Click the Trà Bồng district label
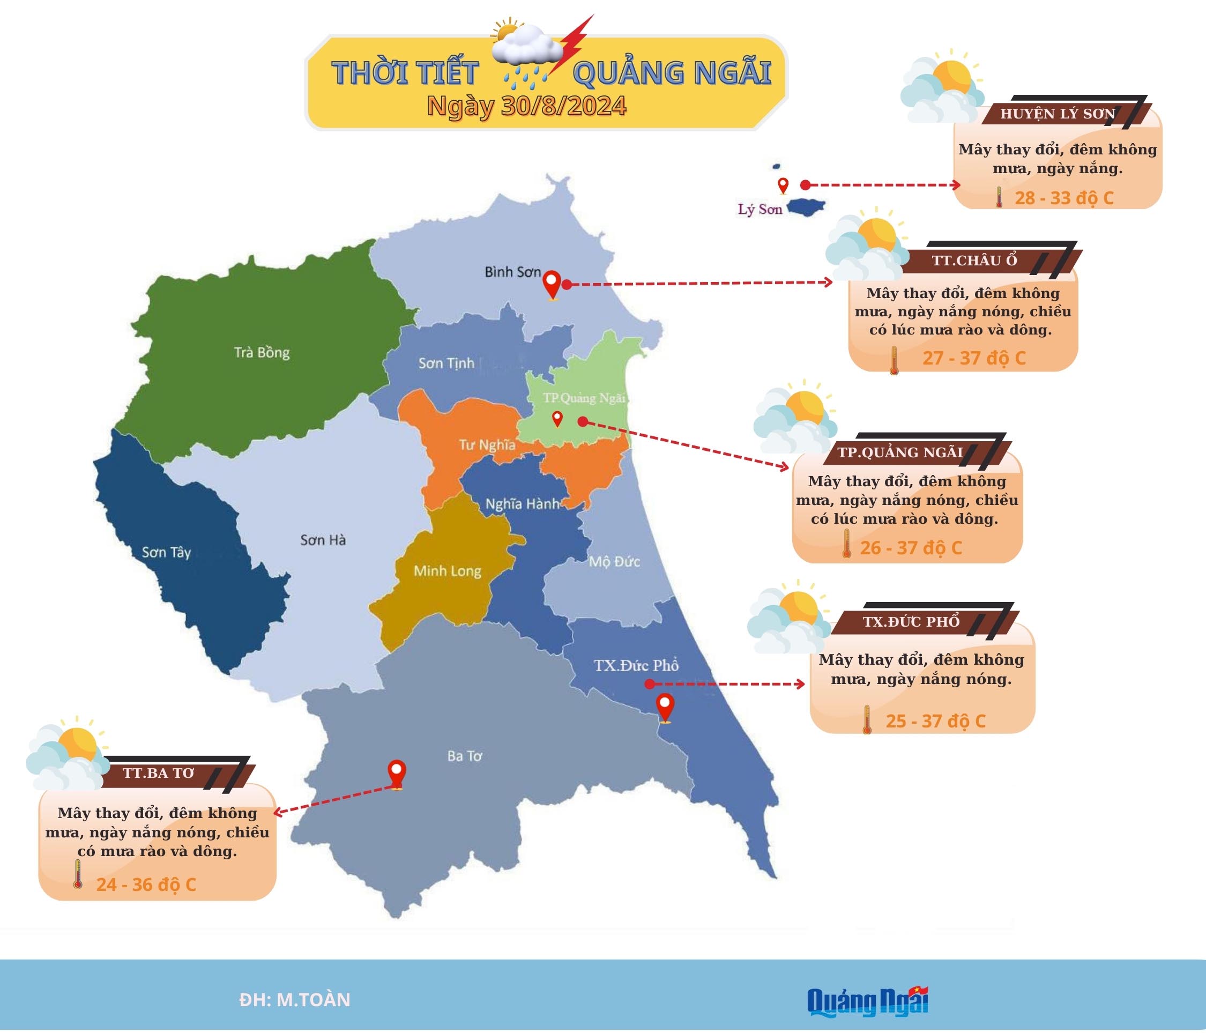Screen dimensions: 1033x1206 [262, 352]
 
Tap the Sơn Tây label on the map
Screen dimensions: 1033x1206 [167, 552]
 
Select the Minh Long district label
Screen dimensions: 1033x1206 [447, 571]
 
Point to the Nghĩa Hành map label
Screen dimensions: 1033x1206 [522, 504]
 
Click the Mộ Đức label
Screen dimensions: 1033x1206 [614, 562]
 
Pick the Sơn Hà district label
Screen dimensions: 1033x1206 [323, 540]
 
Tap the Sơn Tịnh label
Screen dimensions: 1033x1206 [446, 363]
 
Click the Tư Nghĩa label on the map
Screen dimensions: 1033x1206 [487, 445]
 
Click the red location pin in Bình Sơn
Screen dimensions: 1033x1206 [551, 285]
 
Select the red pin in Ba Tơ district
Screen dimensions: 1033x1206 [397, 774]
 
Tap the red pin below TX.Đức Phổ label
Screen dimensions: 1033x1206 [665, 707]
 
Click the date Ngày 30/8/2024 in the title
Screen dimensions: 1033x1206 [527, 106]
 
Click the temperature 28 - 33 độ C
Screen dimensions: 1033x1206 [1064, 198]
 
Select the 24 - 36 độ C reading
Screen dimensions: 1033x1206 [146, 885]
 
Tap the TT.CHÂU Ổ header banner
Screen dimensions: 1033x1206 [975, 260]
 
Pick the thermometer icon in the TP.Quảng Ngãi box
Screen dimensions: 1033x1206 [847, 544]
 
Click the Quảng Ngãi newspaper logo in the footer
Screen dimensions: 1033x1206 [867, 1000]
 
